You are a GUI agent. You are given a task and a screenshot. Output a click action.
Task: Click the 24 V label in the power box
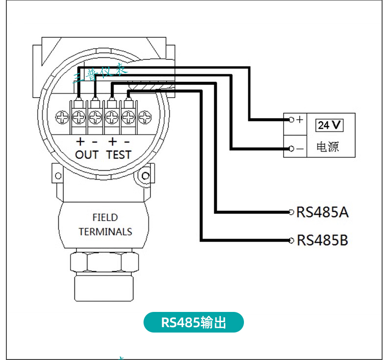coord(329,125)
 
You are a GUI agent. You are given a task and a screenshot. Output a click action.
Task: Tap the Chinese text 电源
coord(328,147)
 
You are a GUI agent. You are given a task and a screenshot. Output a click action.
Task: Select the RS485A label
coord(322,212)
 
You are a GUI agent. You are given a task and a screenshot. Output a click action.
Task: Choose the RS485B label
coord(322,240)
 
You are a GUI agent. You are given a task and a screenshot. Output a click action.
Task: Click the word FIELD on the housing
coord(105,217)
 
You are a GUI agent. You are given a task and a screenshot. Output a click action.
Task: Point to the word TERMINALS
coord(105,231)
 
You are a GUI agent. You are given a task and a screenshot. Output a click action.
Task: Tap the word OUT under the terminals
coord(87,154)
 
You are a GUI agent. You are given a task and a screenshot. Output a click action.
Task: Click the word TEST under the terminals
coord(119,154)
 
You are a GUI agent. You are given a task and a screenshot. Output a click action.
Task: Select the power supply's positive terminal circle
coord(291,120)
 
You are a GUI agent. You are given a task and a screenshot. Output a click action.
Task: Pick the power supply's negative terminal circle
coord(291,148)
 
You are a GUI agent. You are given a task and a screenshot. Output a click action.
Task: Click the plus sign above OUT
coord(80,142)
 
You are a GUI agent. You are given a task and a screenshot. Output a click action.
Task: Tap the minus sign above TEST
coord(127,142)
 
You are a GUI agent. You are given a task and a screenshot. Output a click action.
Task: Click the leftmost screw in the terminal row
coord(63,117)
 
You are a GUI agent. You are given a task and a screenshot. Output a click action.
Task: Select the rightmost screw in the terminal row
coord(145,117)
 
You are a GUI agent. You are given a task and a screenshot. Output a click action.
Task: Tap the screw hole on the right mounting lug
coord(145,176)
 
